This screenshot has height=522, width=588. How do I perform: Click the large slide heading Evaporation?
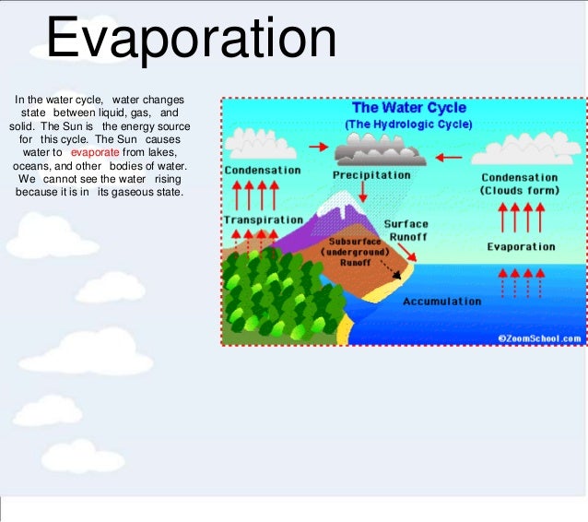point(192,40)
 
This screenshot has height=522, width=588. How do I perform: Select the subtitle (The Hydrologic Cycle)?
point(408,124)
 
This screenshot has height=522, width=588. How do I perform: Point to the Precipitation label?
point(371,174)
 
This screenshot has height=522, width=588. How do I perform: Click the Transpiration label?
point(263,220)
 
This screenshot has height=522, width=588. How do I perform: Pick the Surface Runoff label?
point(406,230)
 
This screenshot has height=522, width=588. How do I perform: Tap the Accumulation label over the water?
point(441,302)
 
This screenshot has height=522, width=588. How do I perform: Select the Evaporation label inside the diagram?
point(521,247)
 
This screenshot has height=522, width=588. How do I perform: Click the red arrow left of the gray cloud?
point(318,147)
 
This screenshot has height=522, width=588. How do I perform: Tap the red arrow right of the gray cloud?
point(449,157)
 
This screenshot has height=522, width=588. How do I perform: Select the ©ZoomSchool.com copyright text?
point(540,338)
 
